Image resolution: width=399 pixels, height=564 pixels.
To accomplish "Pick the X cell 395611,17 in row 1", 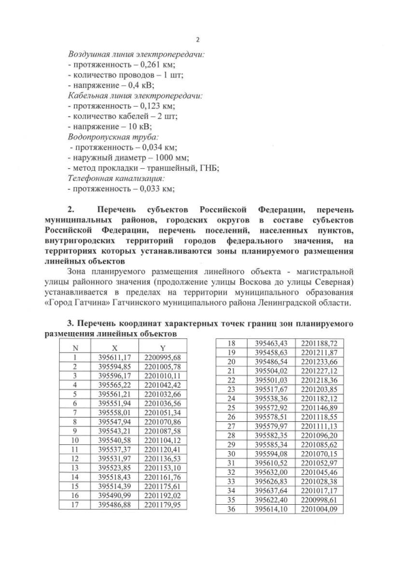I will pyautogui.click(x=114, y=357).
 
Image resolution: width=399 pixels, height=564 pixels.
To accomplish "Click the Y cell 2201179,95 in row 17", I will pyautogui.click(x=162, y=504).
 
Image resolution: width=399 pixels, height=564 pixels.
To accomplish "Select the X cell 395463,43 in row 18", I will pyautogui.click(x=271, y=343).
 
